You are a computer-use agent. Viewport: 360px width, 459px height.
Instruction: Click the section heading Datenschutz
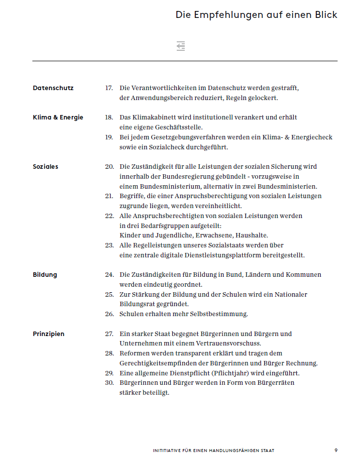(x=53, y=88)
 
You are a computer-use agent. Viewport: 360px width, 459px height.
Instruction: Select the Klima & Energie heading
(x=58, y=117)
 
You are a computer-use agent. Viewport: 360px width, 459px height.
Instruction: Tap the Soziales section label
(x=45, y=167)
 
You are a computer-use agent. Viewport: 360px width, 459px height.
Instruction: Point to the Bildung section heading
(x=45, y=275)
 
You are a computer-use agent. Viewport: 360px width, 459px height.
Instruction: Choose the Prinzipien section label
(x=48, y=334)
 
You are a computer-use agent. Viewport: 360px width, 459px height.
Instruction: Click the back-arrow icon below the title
(x=181, y=46)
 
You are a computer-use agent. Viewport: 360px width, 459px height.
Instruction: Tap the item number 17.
(x=109, y=88)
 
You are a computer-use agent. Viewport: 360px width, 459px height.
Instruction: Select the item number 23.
(x=109, y=245)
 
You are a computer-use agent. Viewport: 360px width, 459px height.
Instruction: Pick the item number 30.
(x=109, y=383)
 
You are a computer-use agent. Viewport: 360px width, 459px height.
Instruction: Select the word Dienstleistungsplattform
(x=224, y=255)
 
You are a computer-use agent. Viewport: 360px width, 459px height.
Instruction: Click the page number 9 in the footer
(x=336, y=451)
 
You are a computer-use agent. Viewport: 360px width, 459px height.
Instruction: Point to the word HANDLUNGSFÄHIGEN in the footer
(x=241, y=451)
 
